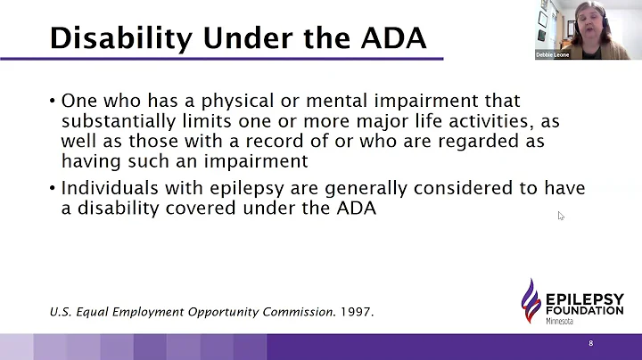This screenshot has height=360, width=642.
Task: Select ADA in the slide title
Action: click(x=393, y=37)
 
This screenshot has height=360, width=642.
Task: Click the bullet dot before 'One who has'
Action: click(x=53, y=101)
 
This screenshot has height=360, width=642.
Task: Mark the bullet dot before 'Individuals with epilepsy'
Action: click(x=53, y=189)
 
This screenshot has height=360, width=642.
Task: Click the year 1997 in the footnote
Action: click(x=358, y=312)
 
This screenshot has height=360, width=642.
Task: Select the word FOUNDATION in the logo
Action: click(x=583, y=309)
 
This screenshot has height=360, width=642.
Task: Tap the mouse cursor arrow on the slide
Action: click(x=561, y=216)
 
